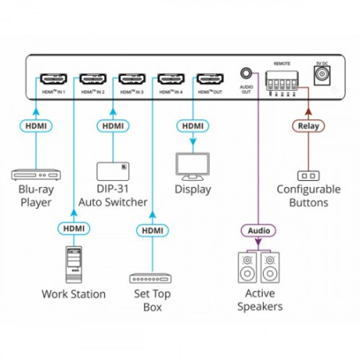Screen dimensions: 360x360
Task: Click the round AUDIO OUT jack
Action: [247, 74]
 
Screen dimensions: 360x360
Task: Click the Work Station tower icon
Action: [72, 264]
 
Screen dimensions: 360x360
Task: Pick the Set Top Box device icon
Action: [152, 278]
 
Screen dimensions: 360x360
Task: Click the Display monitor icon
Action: [193, 165]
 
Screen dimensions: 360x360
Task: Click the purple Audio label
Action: [257, 231]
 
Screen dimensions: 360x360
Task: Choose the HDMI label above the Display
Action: [192, 126]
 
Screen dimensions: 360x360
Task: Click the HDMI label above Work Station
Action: [72, 229]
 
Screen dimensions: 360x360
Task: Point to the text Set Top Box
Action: [152, 300]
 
